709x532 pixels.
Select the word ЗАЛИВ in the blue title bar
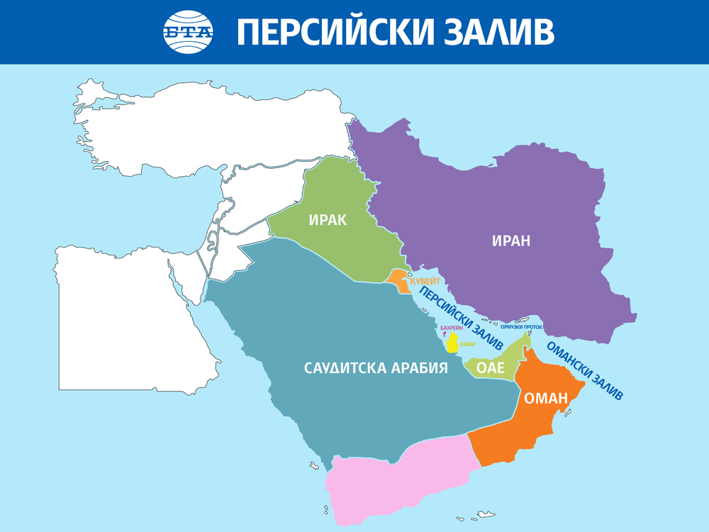pyautogui.click(x=500, y=33)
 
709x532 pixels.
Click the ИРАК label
pyautogui.click(x=328, y=220)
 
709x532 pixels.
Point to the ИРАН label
pyautogui.click(x=511, y=241)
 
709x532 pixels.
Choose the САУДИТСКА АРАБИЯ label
pyautogui.click(x=376, y=368)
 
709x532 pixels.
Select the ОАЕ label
pyautogui.click(x=490, y=368)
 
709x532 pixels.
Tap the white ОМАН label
pyautogui.click(x=546, y=399)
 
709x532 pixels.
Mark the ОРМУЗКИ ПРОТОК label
pyautogui.click(x=521, y=327)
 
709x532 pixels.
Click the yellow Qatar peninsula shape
pyautogui.click(x=452, y=345)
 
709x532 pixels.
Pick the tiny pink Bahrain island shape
pyautogui.click(x=445, y=335)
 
